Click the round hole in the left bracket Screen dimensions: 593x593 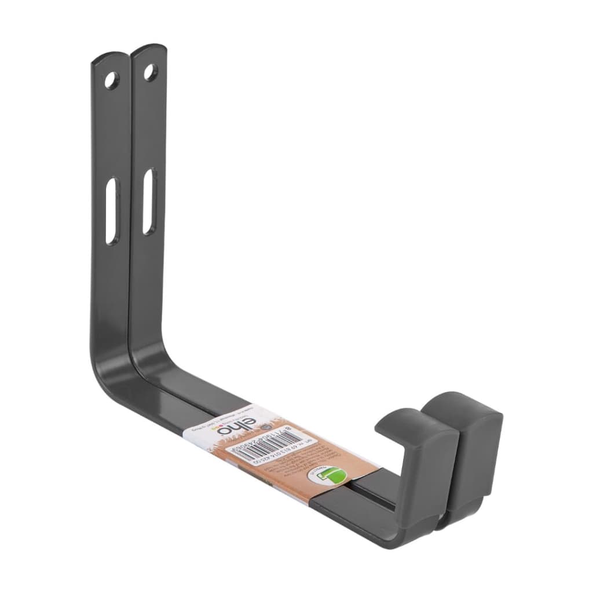[x=111, y=79]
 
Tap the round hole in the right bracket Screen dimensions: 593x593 [x=150, y=72]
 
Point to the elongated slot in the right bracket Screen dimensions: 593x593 [x=149, y=201]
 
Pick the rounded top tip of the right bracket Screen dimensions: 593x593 [x=148, y=48]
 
